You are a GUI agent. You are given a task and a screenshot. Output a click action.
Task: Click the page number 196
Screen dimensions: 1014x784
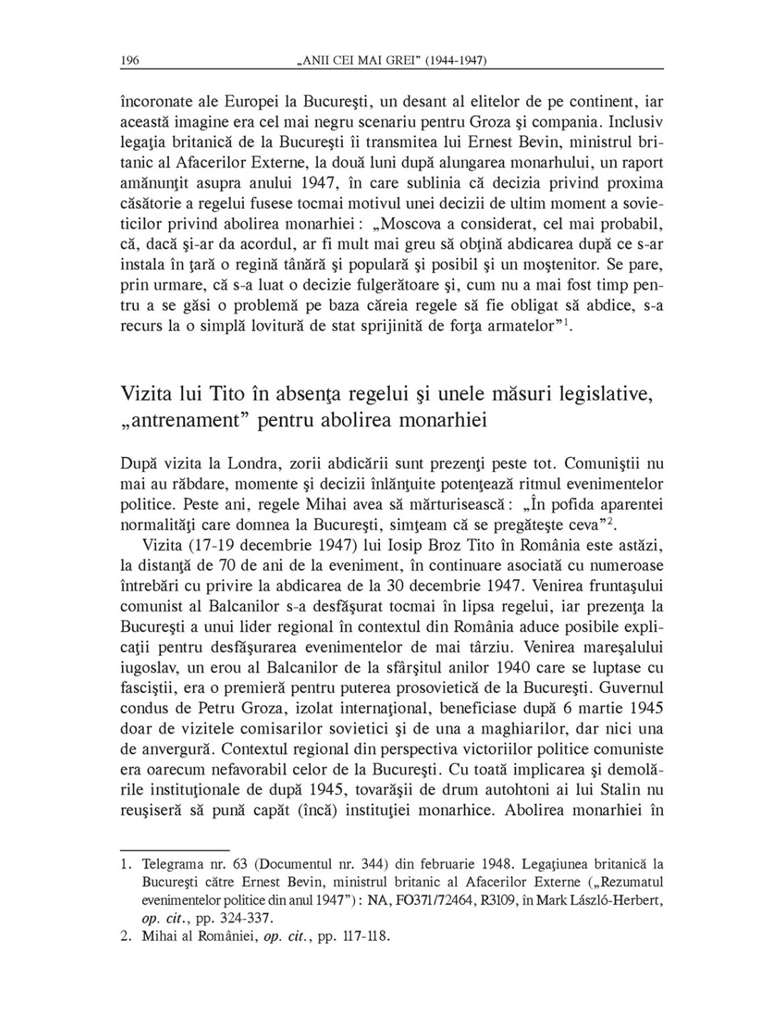(x=130, y=60)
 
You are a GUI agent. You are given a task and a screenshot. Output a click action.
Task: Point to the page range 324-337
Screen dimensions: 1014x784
(x=247, y=918)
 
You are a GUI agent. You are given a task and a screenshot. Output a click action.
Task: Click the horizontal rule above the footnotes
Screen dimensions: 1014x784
(x=174, y=849)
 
